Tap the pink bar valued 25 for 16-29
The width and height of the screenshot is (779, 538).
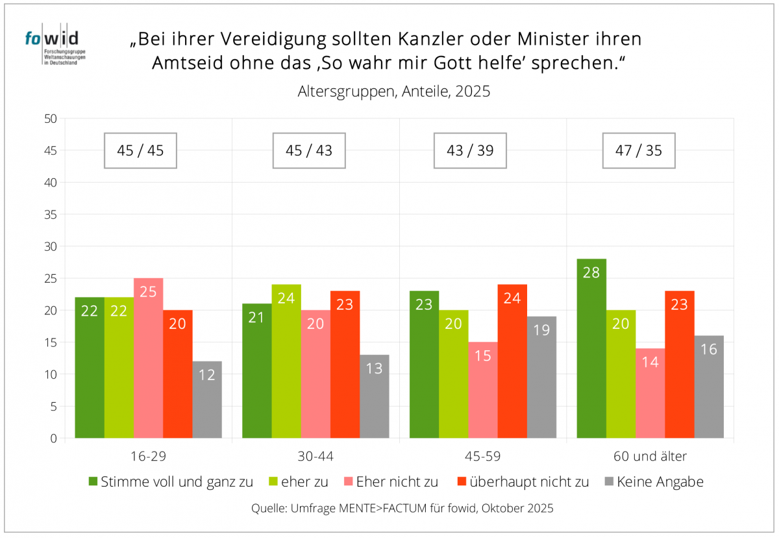pyautogui.click(x=148, y=358)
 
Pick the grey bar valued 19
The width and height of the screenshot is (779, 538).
pyautogui.click(x=541, y=377)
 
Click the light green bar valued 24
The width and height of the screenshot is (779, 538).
pyautogui.click(x=286, y=361)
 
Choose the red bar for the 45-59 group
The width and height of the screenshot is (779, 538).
pyautogui.click(x=512, y=361)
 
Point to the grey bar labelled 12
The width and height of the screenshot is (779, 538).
pyautogui.click(x=207, y=400)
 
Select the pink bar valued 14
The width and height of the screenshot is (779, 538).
pyautogui.click(x=650, y=393)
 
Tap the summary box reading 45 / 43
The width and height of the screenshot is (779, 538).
pyautogui.click(x=308, y=151)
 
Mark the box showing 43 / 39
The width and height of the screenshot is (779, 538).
pyautogui.click(x=470, y=151)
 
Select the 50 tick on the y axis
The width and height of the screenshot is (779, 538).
pyautogui.click(x=51, y=119)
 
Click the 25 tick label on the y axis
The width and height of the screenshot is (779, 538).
pyautogui.click(x=51, y=279)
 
